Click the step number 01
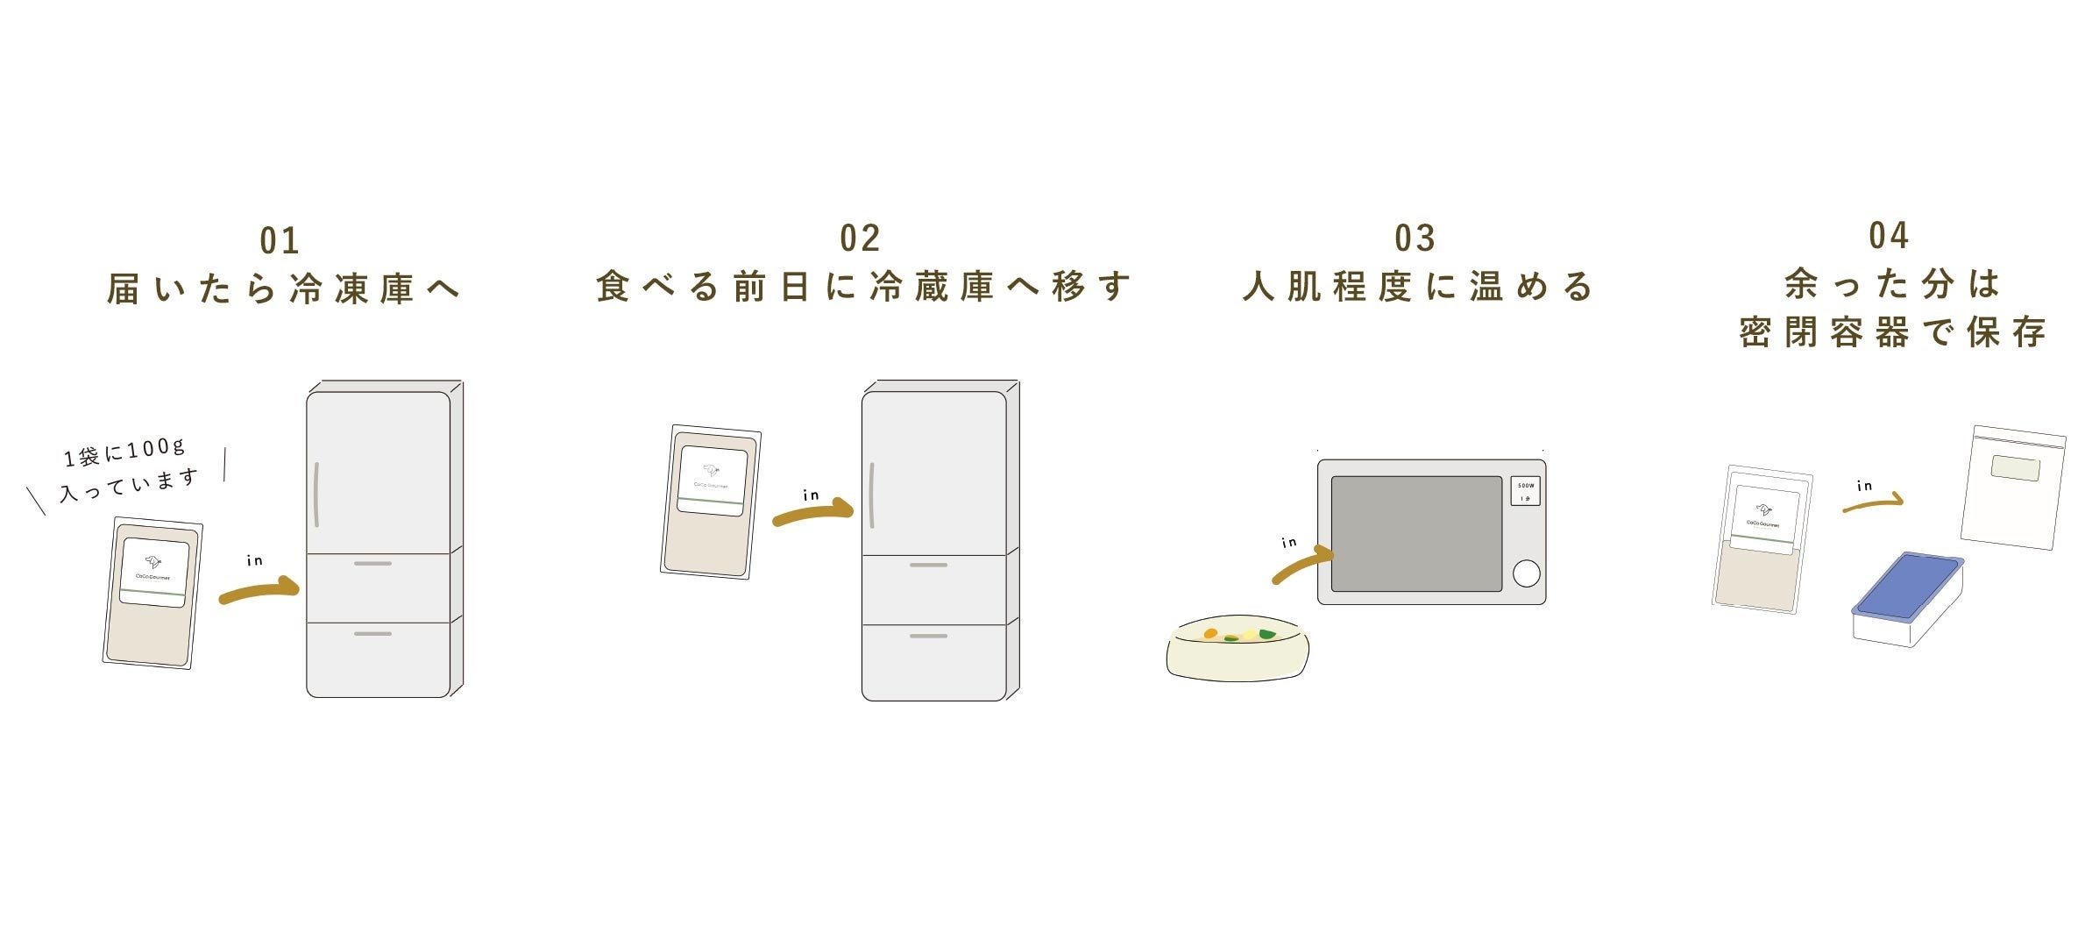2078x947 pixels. pos(280,240)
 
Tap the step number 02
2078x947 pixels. pos(859,239)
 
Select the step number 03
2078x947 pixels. pos(1415,239)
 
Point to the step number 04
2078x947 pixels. pos(1888,236)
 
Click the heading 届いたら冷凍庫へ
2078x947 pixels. pos(283,289)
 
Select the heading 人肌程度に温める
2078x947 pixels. pos(1417,288)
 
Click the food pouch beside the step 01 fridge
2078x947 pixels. pos(152,593)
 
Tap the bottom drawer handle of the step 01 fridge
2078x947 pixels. pos(372,633)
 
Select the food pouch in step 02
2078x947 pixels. pos(711,502)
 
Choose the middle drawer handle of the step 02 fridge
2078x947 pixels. pos(928,566)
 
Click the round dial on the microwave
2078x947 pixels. pos(1526,573)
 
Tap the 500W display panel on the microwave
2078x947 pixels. pos(1526,491)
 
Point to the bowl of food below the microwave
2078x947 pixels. pos(1238,648)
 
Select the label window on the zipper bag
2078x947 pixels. pos(2015,468)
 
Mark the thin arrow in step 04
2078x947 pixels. pos(1873,503)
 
